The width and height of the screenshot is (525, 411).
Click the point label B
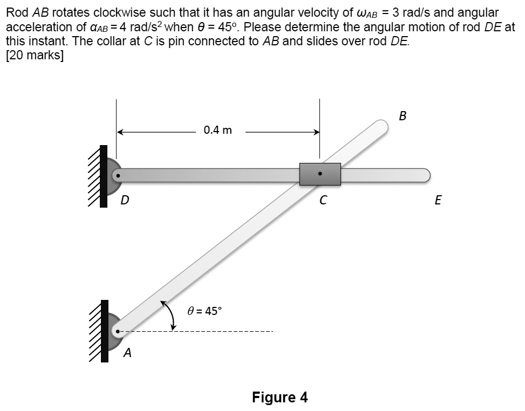tap(403, 115)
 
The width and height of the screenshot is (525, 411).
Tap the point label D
tap(125, 201)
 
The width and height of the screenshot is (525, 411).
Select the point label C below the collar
tap(323, 201)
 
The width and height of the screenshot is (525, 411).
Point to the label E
tap(438, 201)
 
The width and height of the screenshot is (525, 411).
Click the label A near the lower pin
tap(127, 353)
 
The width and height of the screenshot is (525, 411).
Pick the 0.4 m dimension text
tap(218, 130)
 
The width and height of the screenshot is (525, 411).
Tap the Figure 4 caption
tap(279, 398)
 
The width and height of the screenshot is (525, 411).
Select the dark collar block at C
tap(320, 174)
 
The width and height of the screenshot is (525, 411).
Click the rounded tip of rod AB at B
tap(381, 127)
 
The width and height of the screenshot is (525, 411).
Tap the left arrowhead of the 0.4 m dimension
tap(120, 131)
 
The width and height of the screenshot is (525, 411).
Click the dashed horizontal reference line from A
tap(216, 331)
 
